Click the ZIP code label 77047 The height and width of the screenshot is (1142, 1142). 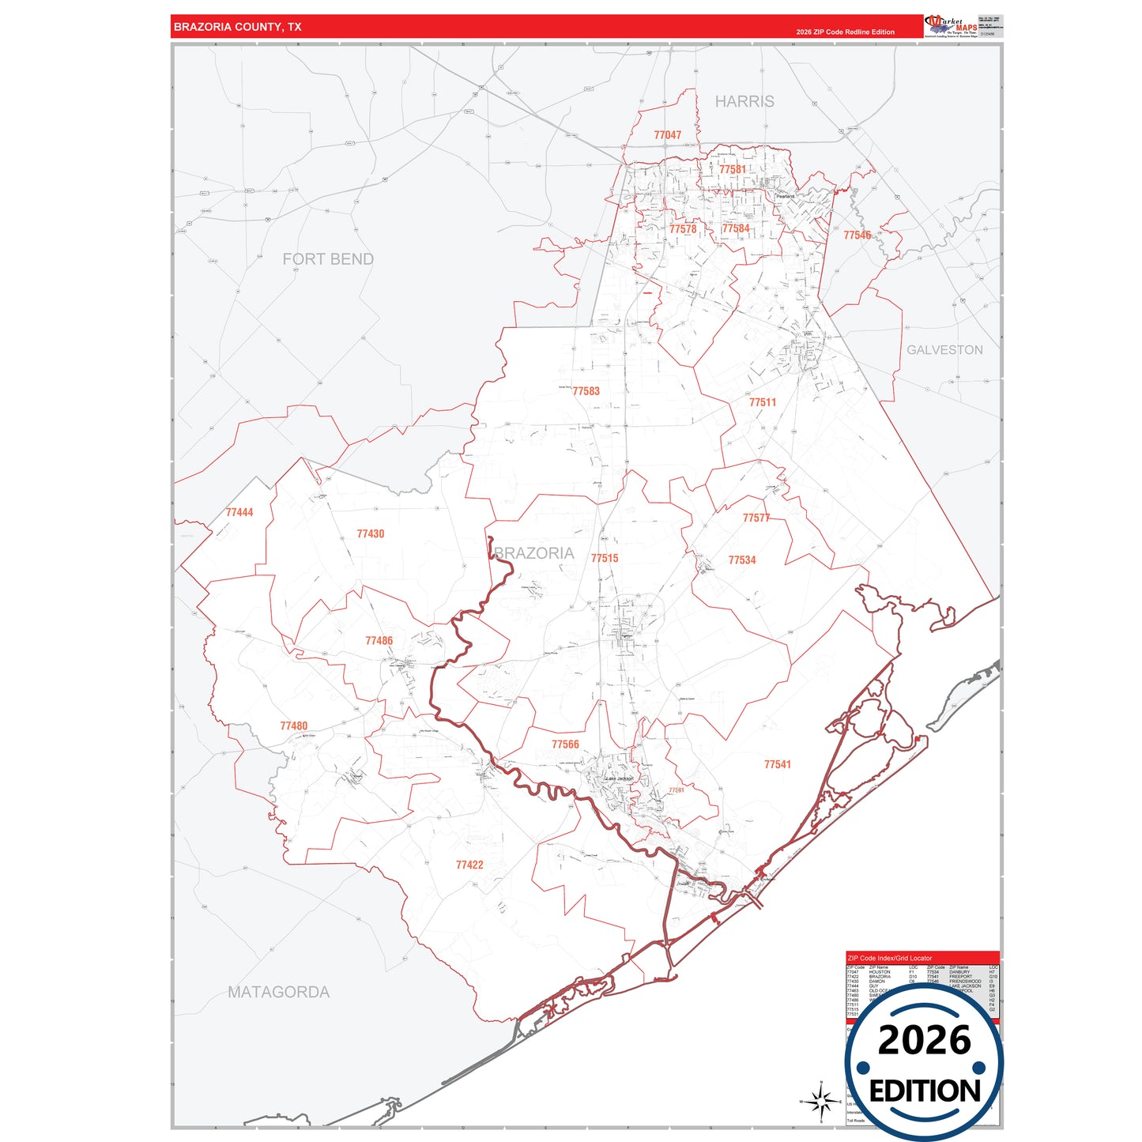click(667, 135)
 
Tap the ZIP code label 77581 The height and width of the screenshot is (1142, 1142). click(732, 169)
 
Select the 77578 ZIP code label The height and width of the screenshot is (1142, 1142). click(683, 229)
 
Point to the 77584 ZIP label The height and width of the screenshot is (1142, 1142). click(735, 228)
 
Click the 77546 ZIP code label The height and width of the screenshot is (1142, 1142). click(857, 235)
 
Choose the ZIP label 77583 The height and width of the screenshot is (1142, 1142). click(586, 391)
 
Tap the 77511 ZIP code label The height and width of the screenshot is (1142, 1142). click(763, 402)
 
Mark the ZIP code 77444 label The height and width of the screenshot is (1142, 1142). click(239, 512)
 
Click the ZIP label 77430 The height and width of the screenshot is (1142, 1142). click(370, 534)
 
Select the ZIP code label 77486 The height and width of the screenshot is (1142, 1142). click(379, 641)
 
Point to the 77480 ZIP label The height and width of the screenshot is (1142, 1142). click(293, 726)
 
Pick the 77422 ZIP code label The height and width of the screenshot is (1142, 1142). click(469, 865)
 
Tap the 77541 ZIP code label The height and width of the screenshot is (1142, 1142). click(777, 764)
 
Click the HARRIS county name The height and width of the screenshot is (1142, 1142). click(744, 101)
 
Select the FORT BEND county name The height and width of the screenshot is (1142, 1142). click(328, 259)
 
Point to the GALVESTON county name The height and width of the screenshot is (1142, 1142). click(944, 349)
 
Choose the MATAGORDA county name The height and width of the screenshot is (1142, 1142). click(278, 992)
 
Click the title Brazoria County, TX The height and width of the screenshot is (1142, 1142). click(237, 27)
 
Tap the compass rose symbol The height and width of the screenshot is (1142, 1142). click(821, 1100)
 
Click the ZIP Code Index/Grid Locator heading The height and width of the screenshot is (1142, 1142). click(889, 958)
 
